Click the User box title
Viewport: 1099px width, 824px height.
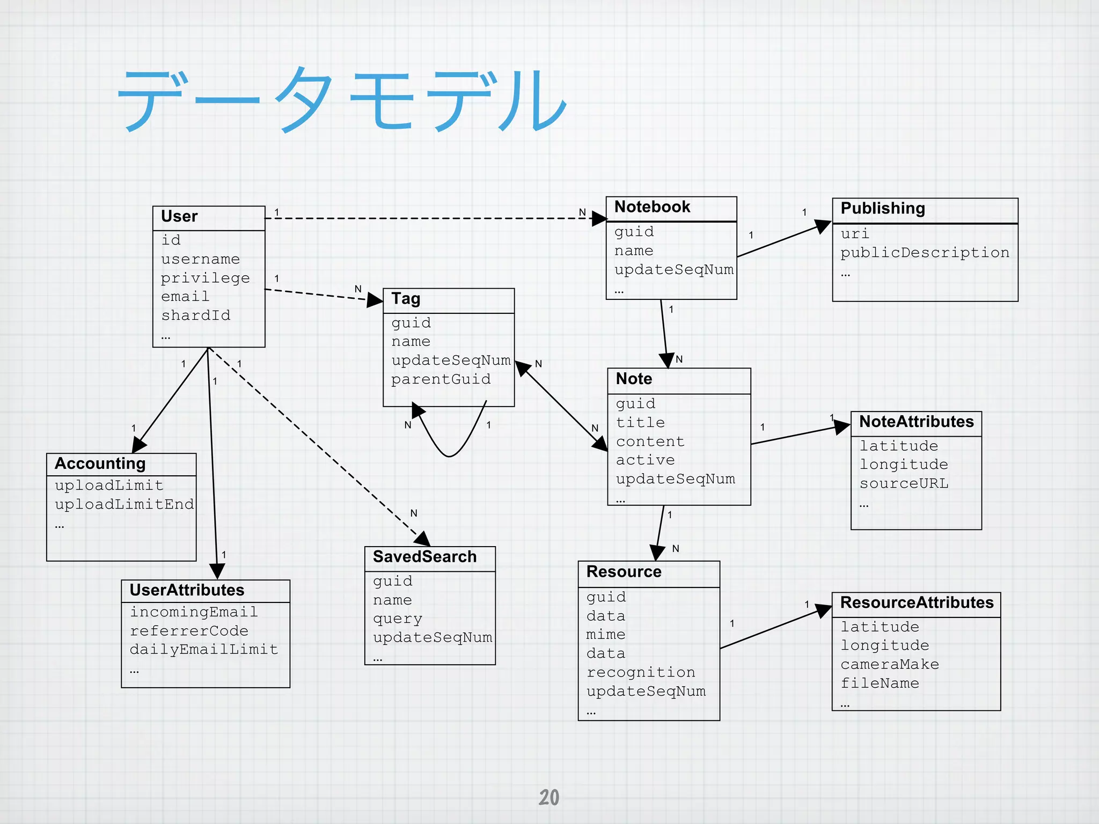tap(179, 216)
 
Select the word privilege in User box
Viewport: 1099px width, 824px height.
tap(205, 278)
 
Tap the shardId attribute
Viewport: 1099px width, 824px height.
tap(195, 315)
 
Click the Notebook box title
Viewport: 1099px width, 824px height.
tap(652, 207)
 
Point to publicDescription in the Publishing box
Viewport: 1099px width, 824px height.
tap(925, 253)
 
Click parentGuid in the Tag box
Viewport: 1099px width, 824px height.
tap(441, 379)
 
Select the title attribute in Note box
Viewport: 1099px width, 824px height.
tap(640, 423)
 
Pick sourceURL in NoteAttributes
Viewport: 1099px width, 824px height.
tap(904, 483)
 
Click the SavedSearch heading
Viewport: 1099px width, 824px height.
tap(424, 557)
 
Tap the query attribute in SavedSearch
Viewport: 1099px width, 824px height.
tap(397, 619)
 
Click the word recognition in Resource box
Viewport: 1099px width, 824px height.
tap(641, 672)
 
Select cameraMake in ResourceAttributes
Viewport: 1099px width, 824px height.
tap(890, 664)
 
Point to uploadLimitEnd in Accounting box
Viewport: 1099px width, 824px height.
tap(124, 504)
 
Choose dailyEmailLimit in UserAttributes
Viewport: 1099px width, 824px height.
tap(204, 650)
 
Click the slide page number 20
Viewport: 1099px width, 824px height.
tap(549, 797)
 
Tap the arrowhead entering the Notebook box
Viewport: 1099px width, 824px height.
tap(599, 218)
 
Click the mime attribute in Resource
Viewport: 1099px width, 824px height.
tap(605, 635)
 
